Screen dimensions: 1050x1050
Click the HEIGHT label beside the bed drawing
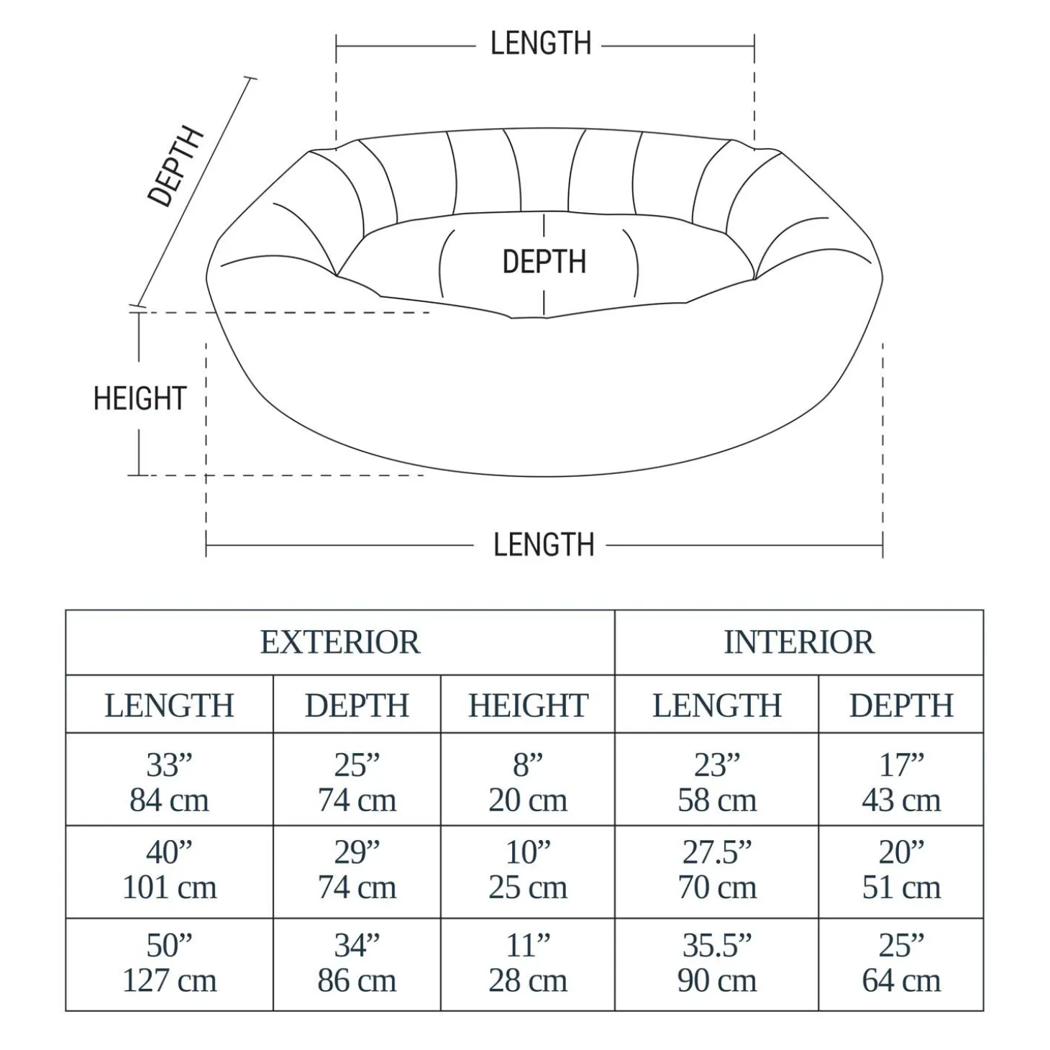(x=140, y=398)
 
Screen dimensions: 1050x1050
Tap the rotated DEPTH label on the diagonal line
(x=175, y=167)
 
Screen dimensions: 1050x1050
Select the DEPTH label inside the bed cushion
(x=544, y=262)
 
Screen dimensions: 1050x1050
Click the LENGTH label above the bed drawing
(x=541, y=44)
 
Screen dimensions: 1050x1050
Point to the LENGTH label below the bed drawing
(x=544, y=545)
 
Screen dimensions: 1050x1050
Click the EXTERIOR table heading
(x=339, y=642)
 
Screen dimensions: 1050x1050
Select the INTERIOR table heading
(x=798, y=642)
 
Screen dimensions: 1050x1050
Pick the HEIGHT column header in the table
(x=528, y=706)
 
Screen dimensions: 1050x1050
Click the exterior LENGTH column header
(x=169, y=706)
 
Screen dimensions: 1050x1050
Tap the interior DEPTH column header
(x=901, y=706)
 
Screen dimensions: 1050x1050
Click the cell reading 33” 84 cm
(x=169, y=782)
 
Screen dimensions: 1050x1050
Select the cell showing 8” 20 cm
(x=528, y=782)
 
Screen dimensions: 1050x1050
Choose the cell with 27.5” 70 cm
(x=717, y=869)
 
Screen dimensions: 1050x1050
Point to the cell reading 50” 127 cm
(x=169, y=963)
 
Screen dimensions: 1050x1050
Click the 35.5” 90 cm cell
(x=717, y=963)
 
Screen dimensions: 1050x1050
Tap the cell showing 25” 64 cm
(x=901, y=963)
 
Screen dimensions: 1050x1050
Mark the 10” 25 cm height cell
(x=528, y=869)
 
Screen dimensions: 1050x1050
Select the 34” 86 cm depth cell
(x=357, y=963)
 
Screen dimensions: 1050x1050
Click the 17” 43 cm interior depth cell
(x=901, y=782)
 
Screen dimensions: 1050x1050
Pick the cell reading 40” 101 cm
(x=169, y=869)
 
